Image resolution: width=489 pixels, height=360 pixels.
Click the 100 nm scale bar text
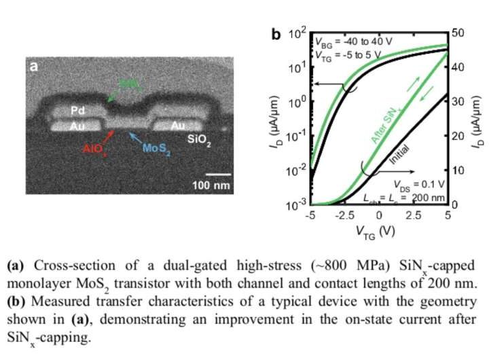pos(210,185)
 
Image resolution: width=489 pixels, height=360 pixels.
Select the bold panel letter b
pos(276,33)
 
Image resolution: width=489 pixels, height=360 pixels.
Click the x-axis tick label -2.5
pos(345,215)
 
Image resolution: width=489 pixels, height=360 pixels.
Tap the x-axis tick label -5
pos(312,215)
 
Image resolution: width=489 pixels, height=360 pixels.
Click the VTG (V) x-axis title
pos(379,232)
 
